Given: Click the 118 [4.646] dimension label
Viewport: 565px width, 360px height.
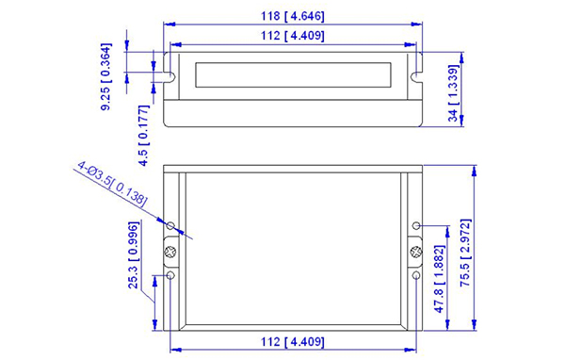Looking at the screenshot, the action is [292, 16].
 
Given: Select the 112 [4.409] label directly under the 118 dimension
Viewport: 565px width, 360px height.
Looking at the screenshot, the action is [292, 36].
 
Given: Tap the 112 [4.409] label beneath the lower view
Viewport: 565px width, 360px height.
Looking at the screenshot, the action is [292, 341].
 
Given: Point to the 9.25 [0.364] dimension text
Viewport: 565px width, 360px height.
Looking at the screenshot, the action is [106, 77].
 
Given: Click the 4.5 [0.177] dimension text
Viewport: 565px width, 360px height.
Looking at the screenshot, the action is [144, 136].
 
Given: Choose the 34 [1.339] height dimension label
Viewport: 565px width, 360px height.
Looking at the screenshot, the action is [454, 93].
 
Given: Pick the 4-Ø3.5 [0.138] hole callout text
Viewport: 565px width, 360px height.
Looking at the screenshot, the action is [112, 185].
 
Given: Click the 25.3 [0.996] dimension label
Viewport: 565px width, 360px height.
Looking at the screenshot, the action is [134, 255].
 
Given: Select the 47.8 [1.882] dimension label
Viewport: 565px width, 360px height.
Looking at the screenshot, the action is [440, 279].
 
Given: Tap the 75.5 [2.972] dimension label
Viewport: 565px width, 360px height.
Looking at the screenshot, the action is [465, 253].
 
